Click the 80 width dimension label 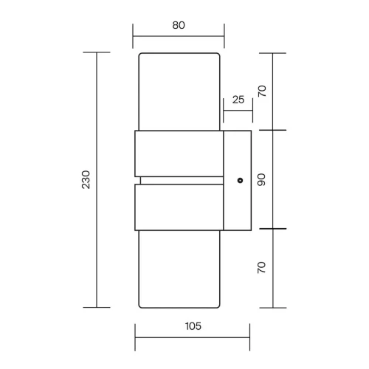pyautogui.click(x=179, y=25)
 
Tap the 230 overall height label pyautogui.click(x=86, y=179)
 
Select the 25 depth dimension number pyautogui.click(x=238, y=100)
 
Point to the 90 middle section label pyautogui.click(x=262, y=179)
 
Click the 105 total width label pyautogui.click(x=193, y=326)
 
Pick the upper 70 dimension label pyautogui.click(x=262, y=91)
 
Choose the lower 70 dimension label pyautogui.click(x=262, y=267)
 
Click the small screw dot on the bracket pyautogui.click(x=241, y=180)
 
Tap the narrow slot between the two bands pyautogui.click(x=182, y=180)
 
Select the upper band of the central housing pyautogui.click(x=179, y=154)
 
